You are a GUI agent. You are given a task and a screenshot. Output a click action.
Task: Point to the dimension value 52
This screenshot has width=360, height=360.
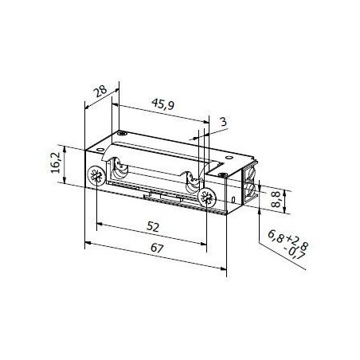coord(154,227)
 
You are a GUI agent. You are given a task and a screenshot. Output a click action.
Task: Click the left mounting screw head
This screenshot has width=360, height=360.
coord(96,176)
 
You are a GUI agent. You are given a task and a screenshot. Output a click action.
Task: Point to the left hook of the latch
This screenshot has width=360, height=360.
coord(121,170)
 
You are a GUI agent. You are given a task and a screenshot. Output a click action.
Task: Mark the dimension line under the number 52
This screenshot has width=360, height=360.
coord(151,237)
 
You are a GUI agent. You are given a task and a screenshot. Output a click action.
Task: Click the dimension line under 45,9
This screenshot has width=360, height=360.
coord(159,113)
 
